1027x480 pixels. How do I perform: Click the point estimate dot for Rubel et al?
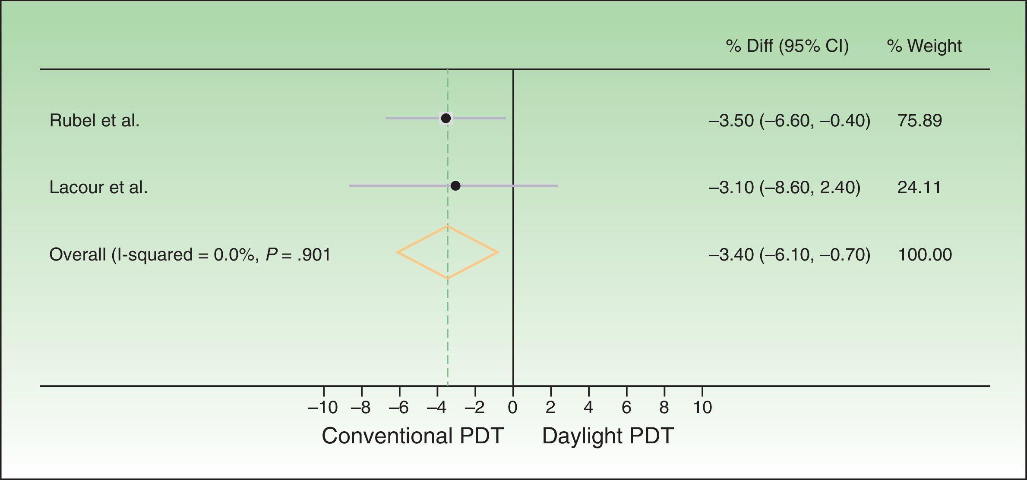446,118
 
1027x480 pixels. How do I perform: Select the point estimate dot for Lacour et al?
455,186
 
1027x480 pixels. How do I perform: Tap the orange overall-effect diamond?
448,252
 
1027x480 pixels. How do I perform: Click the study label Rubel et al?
95,120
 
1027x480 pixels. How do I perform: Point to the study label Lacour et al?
98,187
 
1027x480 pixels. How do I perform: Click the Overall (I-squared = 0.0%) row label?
190,254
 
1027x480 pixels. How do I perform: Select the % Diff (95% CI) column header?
787,46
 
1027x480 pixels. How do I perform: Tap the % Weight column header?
924,46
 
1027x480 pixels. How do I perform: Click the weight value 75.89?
920,120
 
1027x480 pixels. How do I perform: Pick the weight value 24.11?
919,187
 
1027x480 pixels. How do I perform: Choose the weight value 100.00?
925,254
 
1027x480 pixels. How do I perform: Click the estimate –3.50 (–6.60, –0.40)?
790,120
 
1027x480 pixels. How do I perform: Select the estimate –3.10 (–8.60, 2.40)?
784,187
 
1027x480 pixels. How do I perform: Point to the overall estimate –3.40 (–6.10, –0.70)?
790,254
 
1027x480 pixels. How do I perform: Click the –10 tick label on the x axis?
323,407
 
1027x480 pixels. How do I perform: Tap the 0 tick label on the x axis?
513,407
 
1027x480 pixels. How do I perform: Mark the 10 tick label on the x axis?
702,407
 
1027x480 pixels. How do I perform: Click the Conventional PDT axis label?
413,436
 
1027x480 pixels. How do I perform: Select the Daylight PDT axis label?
608,436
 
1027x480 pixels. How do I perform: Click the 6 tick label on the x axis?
626,407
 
